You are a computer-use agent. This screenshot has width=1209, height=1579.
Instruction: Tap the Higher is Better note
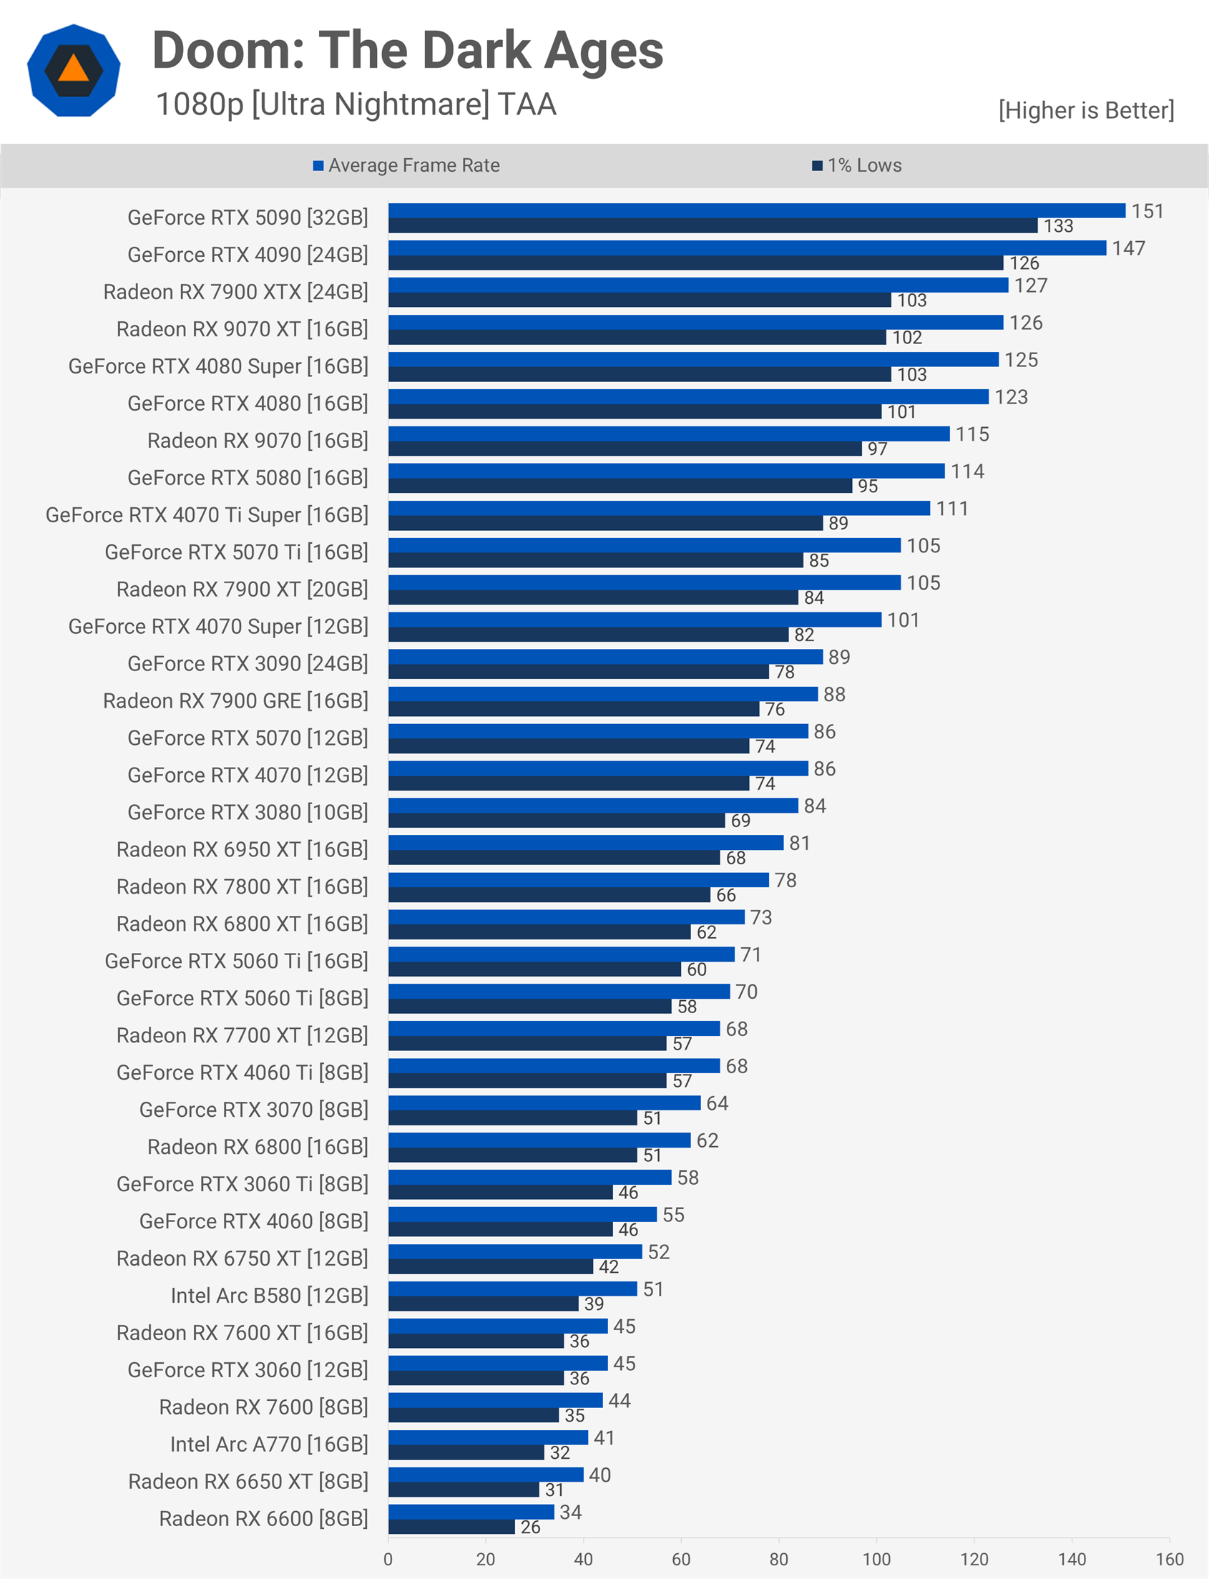click(1085, 110)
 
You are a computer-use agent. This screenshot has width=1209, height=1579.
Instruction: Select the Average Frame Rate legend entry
click(406, 165)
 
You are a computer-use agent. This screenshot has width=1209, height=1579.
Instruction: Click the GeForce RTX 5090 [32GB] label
click(248, 217)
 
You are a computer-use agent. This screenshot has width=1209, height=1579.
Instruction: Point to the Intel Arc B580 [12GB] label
click(269, 1296)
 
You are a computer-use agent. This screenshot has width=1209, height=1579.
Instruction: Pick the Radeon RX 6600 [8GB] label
click(263, 1519)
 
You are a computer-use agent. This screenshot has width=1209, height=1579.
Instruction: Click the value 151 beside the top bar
click(1147, 211)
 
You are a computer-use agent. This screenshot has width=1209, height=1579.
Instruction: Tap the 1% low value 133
click(1058, 226)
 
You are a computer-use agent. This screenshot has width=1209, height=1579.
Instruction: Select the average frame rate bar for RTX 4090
click(747, 248)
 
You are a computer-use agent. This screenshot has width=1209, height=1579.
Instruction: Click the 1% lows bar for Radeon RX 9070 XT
click(637, 338)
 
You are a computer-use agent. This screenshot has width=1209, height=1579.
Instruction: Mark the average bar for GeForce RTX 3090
click(605, 656)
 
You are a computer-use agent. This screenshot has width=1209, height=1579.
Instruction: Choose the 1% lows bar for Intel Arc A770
click(466, 1452)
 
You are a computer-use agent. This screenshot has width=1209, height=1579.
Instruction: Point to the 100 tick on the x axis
click(876, 1559)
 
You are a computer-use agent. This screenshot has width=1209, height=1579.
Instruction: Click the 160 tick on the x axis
click(1170, 1559)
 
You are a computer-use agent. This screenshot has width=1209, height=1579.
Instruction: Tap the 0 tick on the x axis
click(388, 1559)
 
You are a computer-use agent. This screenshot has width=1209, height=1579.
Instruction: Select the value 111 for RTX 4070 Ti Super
click(951, 509)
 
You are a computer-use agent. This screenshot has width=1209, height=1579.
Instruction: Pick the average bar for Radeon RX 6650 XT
click(486, 1475)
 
